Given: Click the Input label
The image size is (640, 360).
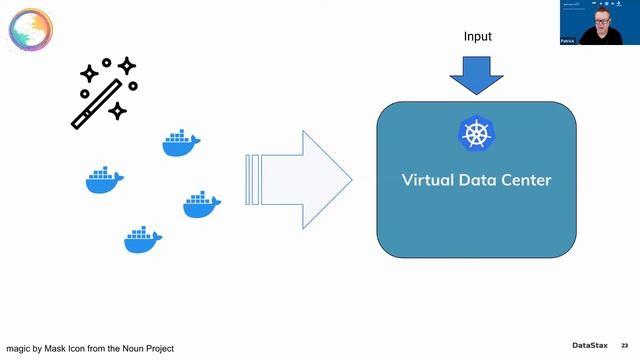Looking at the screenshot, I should (478, 37).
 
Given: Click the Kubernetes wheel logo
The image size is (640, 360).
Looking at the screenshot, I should (476, 134).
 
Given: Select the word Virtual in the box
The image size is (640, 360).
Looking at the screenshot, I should (428, 181).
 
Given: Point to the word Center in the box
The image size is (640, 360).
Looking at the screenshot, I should (525, 181).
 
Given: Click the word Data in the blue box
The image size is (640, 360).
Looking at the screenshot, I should (479, 181).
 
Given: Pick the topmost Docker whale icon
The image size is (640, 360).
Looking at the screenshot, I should (182, 144).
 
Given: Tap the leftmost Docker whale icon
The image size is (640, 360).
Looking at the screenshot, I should (104, 180).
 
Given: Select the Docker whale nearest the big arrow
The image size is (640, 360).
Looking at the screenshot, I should (201, 205).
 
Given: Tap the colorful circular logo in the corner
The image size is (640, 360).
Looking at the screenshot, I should (31, 29).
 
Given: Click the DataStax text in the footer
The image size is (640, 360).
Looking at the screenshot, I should (589, 345).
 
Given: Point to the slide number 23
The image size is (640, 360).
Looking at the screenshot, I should (626, 345).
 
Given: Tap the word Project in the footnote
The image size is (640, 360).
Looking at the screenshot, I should (185, 348).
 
